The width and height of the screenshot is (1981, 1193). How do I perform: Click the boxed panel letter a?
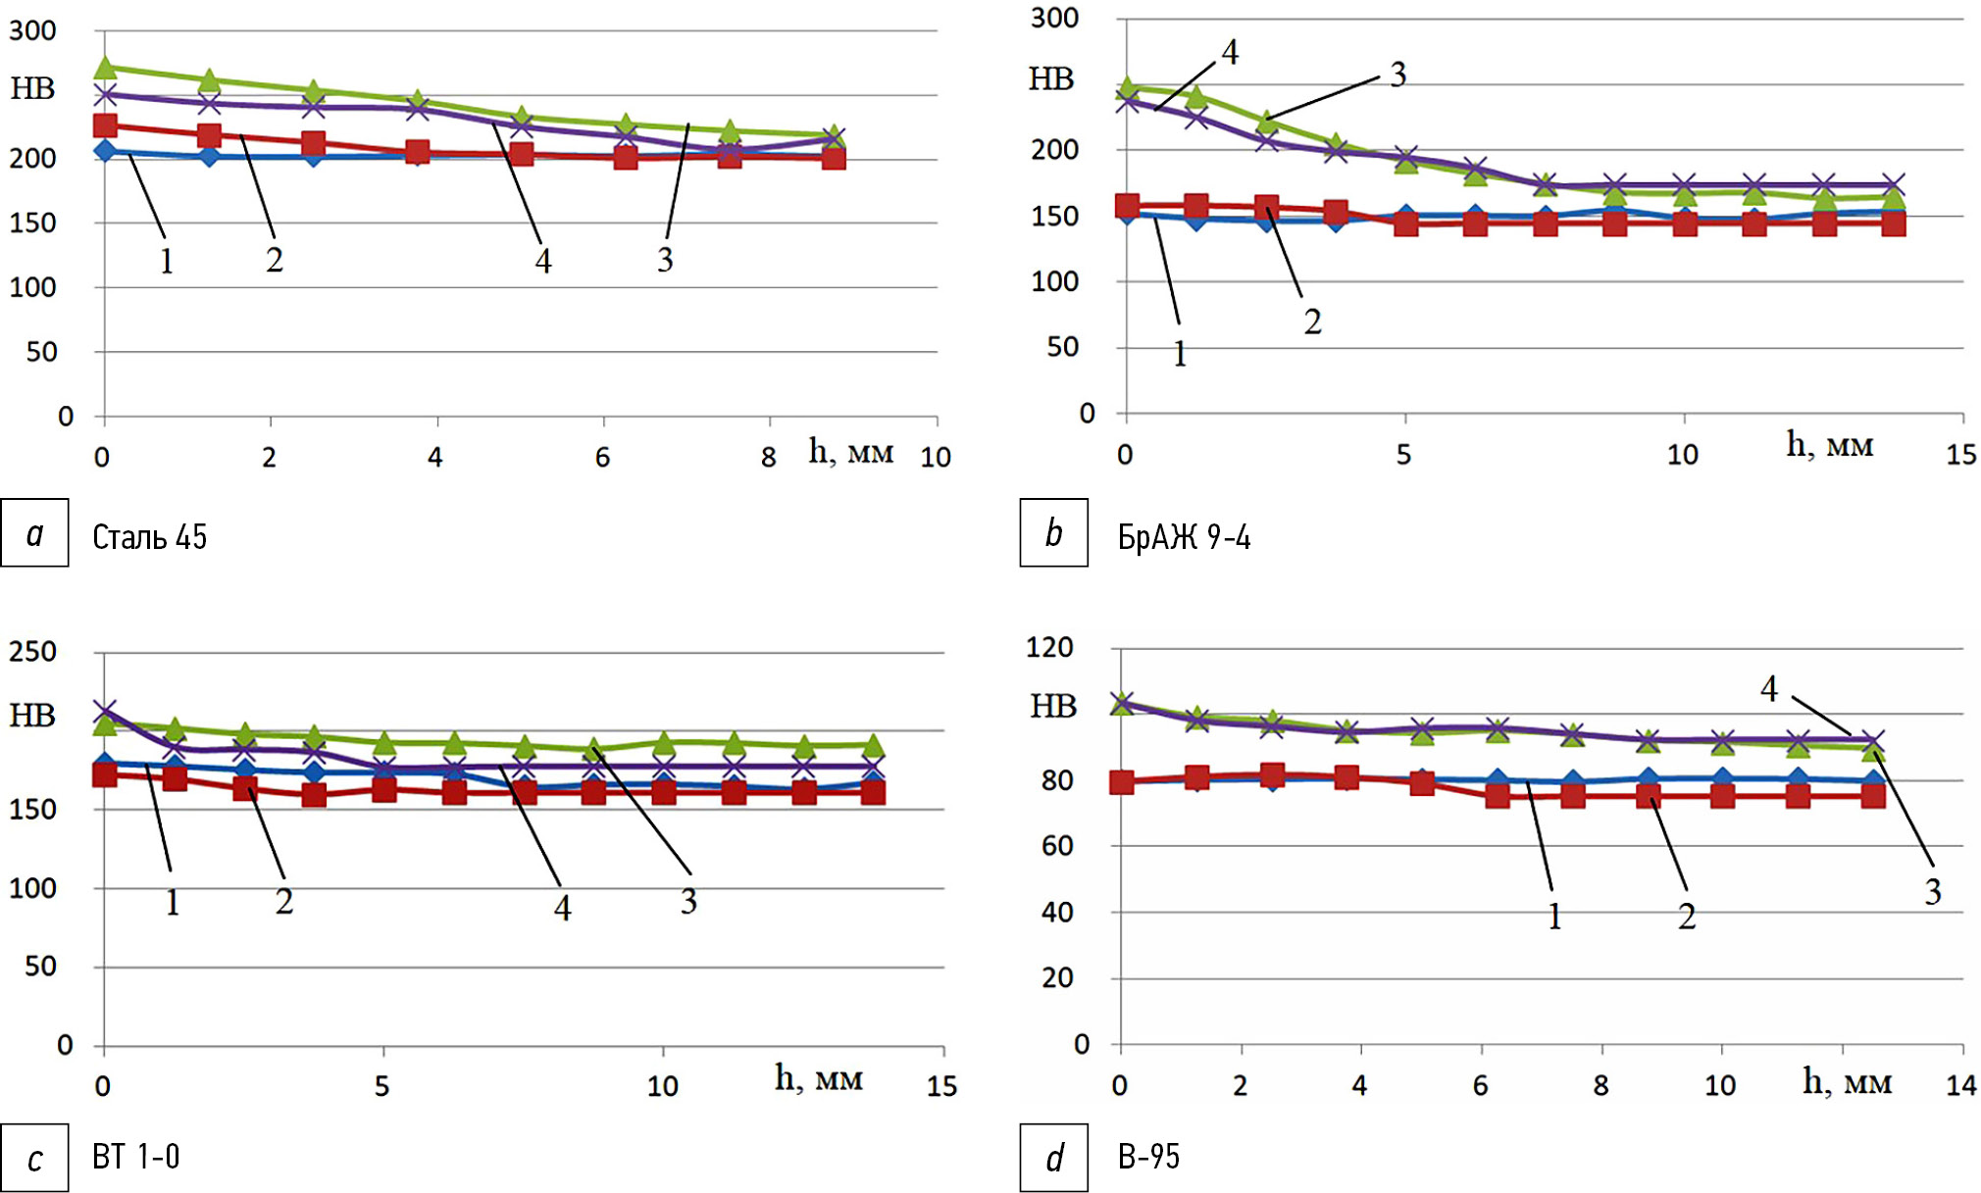(34, 533)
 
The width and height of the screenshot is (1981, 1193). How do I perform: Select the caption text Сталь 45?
(149, 537)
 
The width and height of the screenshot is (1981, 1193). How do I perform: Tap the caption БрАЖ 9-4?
(1184, 537)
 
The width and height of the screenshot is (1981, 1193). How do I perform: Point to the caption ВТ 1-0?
(135, 1157)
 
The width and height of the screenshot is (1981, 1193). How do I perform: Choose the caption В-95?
(1148, 1158)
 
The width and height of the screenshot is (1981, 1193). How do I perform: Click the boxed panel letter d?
(1053, 1159)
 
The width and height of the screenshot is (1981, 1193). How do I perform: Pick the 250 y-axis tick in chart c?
(33, 652)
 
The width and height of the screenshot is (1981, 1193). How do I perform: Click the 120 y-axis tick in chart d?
(1049, 647)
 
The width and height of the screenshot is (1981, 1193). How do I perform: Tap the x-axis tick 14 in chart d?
(1960, 1085)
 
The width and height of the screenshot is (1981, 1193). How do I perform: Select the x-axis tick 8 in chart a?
(768, 457)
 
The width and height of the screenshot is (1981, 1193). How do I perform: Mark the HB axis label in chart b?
(1050, 79)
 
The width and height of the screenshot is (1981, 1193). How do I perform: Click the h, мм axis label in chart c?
(819, 1078)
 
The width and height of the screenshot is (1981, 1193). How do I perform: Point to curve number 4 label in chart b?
(1230, 52)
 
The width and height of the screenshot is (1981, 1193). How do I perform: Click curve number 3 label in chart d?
(1932, 892)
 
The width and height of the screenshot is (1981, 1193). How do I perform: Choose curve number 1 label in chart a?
(167, 262)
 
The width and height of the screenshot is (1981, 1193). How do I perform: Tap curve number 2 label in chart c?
(283, 901)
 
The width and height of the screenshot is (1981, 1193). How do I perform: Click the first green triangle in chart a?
(105, 68)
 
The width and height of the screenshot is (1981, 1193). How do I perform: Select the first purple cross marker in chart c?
(105, 711)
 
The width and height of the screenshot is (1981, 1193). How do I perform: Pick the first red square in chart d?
(1122, 782)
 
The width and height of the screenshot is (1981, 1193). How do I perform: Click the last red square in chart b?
(1894, 224)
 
